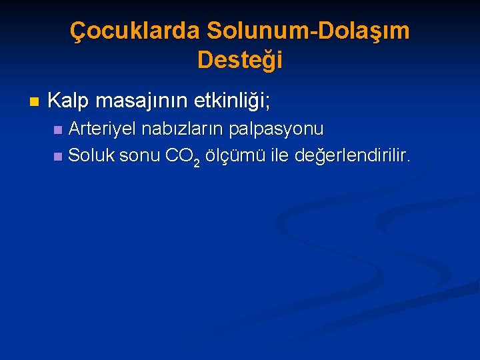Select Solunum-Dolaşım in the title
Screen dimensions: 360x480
coord(308,31)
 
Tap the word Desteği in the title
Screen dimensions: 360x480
coord(240,60)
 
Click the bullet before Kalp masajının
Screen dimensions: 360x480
coord(35,103)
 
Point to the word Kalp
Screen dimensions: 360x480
coord(69,101)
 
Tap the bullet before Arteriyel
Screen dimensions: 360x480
coord(58,129)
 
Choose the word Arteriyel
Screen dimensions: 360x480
coord(102,128)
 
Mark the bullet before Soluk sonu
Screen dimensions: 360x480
coord(58,157)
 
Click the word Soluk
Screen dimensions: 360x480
coord(92,156)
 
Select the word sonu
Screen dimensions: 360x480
coord(140,156)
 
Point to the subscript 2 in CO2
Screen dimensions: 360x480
coord(197,163)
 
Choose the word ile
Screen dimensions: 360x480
coord(279,156)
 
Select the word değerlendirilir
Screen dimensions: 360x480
coord(353,156)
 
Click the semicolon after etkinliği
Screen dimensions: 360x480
coord(267,104)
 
